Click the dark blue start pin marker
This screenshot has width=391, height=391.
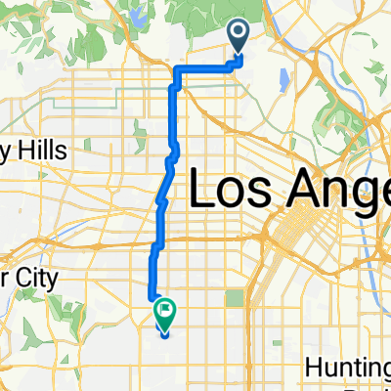[x=239, y=37]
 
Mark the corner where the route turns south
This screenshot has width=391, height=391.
[x=177, y=70]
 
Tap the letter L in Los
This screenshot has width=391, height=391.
[x=199, y=186]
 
